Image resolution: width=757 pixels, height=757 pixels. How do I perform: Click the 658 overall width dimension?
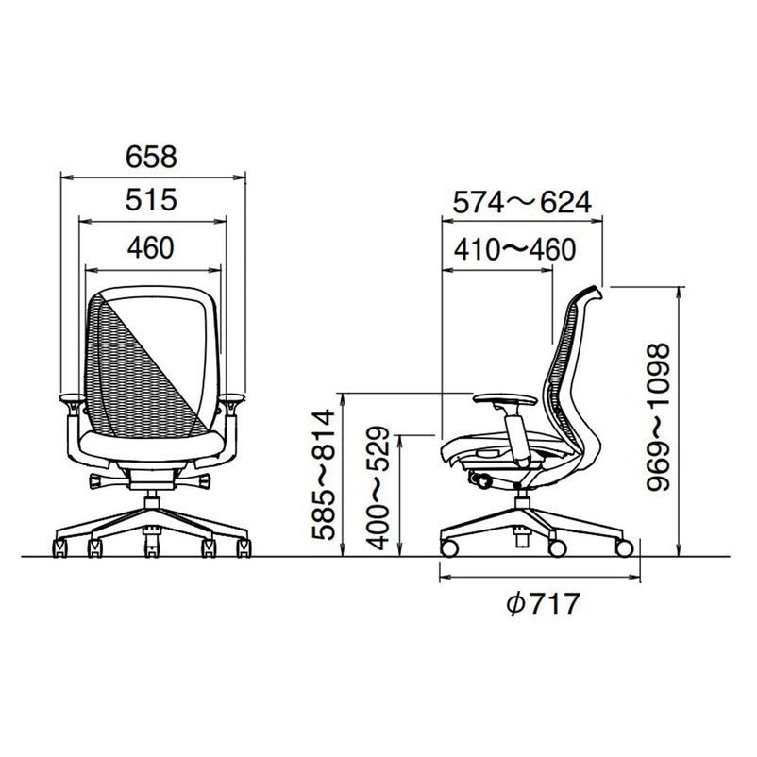pyautogui.click(x=151, y=157)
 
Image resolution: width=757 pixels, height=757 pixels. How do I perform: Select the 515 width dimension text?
pyautogui.click(x=151, y=200)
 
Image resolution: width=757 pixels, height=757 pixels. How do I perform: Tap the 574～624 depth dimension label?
pyautogui.click(x=522, y=202)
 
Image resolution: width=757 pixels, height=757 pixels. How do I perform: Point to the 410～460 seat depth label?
pyautogui.click(x=514, y=249)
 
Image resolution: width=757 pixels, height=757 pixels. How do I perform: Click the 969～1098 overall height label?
pyautogui.click(x=659, y=417)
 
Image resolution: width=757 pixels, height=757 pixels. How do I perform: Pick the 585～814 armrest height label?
pyautogui.click(x=323, y=475)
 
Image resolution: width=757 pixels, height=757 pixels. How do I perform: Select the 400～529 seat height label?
pyautogui.click(x=377, y=488)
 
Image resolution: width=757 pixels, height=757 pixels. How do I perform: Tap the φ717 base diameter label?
pyautogui.click(x=543, y=604)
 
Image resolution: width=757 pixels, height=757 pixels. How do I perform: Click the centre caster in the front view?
pyautogui.click(x=152, y=548)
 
